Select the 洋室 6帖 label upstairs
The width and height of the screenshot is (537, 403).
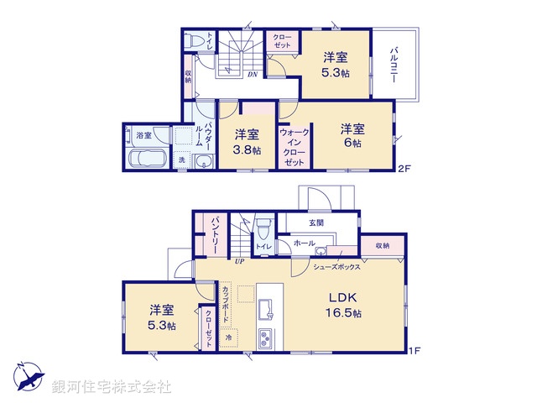tap(352, 136)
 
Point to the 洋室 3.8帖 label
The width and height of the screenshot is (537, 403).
tap(247, 142)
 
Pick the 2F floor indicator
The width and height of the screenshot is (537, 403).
tap(403, 169)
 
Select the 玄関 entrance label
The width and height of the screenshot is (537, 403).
tap(315, 222)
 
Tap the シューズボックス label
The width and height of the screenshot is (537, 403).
tap(336, 266)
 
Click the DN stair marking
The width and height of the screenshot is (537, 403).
tap(252, 74)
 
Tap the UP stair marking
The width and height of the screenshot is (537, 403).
tap(238, 260)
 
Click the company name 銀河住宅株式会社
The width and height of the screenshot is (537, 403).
tap(112, 387)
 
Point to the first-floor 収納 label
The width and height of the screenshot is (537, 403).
tap(383, 245)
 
